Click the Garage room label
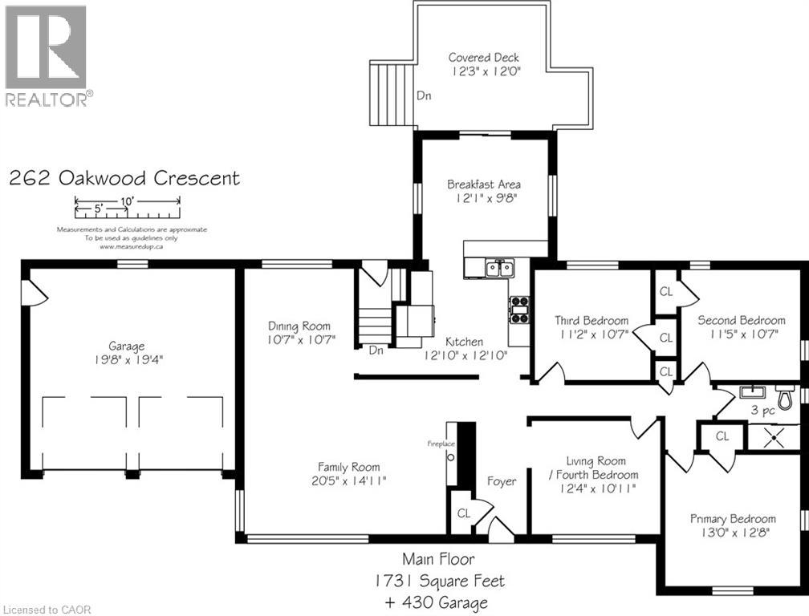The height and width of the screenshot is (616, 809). click(127, 346)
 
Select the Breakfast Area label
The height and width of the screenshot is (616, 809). click(483, 184)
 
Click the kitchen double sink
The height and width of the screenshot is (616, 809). click(499, 268)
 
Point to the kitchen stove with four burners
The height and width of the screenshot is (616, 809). click(519, 310)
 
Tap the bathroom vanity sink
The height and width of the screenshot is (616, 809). click(752, 391)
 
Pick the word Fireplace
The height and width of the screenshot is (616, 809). click(441, 444)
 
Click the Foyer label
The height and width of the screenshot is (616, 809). click(502, 481)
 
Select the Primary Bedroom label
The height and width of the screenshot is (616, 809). click(734, 519)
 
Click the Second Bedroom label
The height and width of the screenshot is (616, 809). click(742, 320)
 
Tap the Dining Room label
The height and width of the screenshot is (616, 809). click(299, 326)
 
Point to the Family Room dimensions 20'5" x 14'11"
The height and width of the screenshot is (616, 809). click(349, 481)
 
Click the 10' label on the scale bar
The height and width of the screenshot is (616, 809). click(127, 201)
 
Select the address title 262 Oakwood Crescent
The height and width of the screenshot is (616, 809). click(124, 178)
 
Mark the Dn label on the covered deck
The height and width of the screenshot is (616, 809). click(424, 95)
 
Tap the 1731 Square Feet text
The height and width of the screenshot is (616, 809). click(440, 581)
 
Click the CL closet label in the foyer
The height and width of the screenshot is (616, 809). click(464, 513)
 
